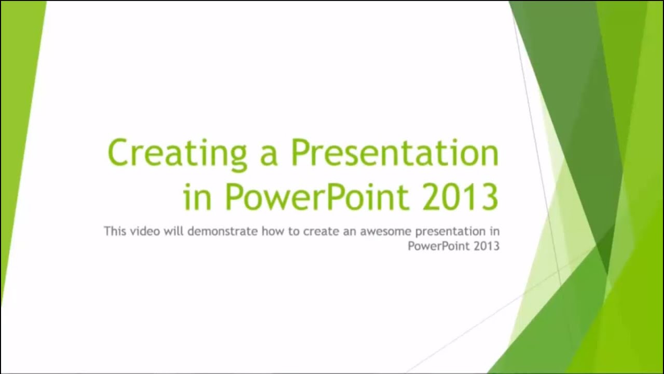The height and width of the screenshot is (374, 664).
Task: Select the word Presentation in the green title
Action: (394, 152)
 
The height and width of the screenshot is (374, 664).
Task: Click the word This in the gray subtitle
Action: (115, 231)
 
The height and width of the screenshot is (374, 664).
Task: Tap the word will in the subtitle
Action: (175, 231)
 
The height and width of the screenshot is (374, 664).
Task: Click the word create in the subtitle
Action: (320, 231)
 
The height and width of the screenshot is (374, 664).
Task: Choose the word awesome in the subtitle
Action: (386, 231)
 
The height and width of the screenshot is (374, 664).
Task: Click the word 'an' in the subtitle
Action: (349, 231)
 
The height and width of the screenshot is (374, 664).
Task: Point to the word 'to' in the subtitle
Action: (294, 231)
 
